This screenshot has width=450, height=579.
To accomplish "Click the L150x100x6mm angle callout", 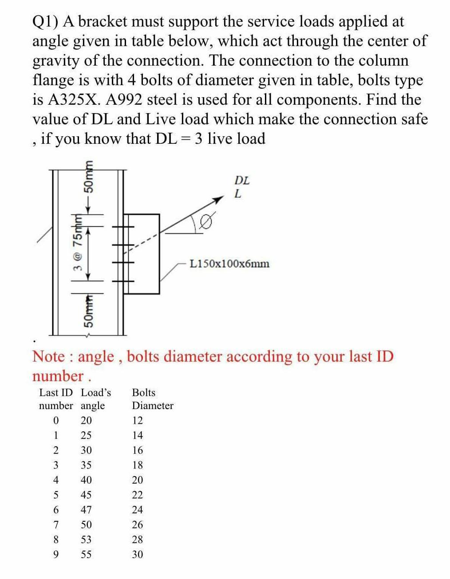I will (229, 264).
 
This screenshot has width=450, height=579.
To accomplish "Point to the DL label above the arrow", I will (242, 181).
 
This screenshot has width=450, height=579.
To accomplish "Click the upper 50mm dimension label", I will (89, 178).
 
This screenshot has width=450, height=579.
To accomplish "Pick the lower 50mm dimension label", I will (89, 313).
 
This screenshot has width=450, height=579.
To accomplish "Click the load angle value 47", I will (86, 510).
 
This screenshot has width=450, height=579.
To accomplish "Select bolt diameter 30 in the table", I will (138, 555).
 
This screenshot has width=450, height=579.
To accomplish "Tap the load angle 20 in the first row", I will (86, 420).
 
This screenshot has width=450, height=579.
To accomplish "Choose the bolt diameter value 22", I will (138, 495).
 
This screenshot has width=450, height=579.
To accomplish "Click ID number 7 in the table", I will (55, 525).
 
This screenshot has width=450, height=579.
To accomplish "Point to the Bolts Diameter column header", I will (152, 399).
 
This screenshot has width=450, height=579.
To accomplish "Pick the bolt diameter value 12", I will (138, 420).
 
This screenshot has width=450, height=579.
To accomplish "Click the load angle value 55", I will (86, 555).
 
